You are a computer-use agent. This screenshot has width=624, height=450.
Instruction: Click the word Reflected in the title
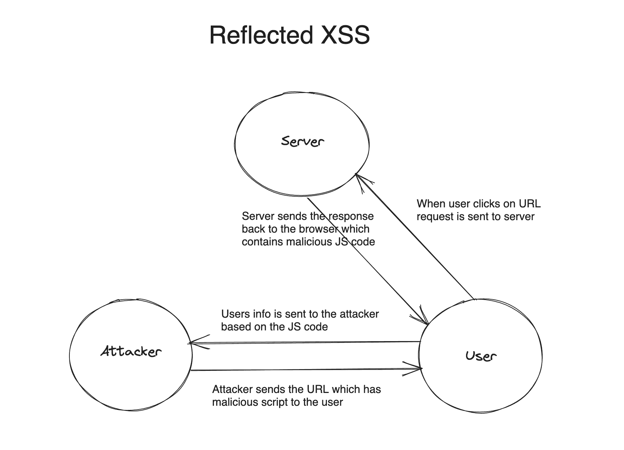(x=261, y=35)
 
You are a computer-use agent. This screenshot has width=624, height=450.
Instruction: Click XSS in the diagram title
(x=345, y=35)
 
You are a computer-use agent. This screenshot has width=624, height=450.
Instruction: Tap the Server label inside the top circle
(x=302, y=141)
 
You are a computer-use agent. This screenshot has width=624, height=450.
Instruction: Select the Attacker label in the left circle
(x=131, y=351)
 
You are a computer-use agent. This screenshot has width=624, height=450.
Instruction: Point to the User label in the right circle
(x=481, y=356)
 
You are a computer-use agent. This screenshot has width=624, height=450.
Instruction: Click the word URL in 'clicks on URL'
(x=530, y=204)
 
